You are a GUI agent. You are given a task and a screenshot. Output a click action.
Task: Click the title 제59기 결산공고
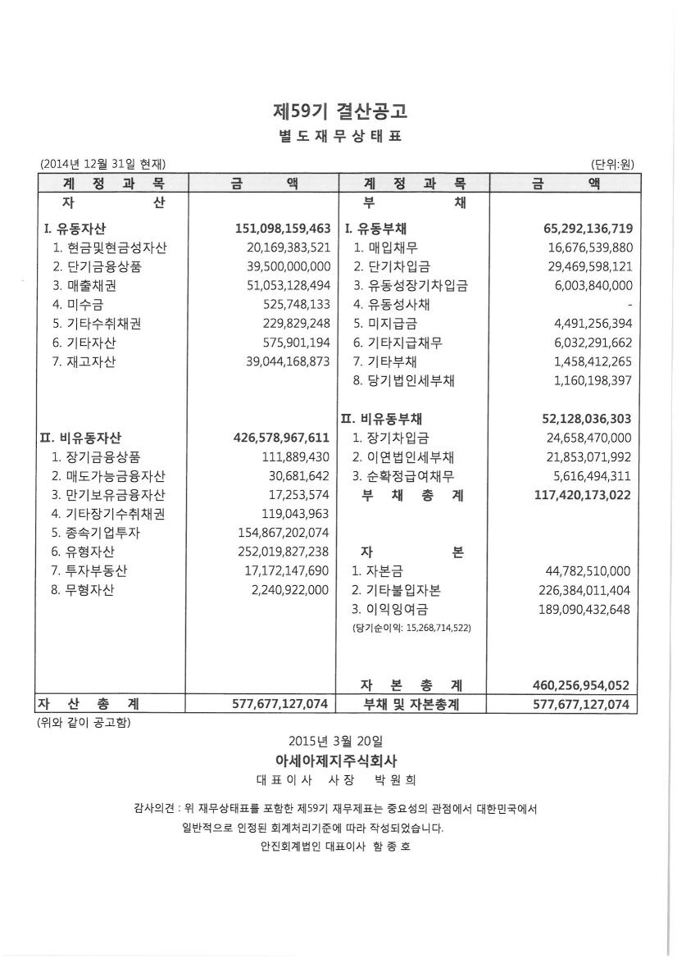tap(338, 110)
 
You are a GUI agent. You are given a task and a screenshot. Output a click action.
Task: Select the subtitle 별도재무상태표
tap(338, 136)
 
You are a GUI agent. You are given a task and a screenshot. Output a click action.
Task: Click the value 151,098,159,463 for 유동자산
tap(283, 228)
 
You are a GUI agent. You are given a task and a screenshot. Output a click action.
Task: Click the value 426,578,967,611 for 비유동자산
tap(283, 438)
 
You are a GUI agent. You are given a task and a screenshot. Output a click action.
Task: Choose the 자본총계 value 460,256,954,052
tap(582, 685)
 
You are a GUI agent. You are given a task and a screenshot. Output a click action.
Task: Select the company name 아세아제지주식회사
tap(338, 760)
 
